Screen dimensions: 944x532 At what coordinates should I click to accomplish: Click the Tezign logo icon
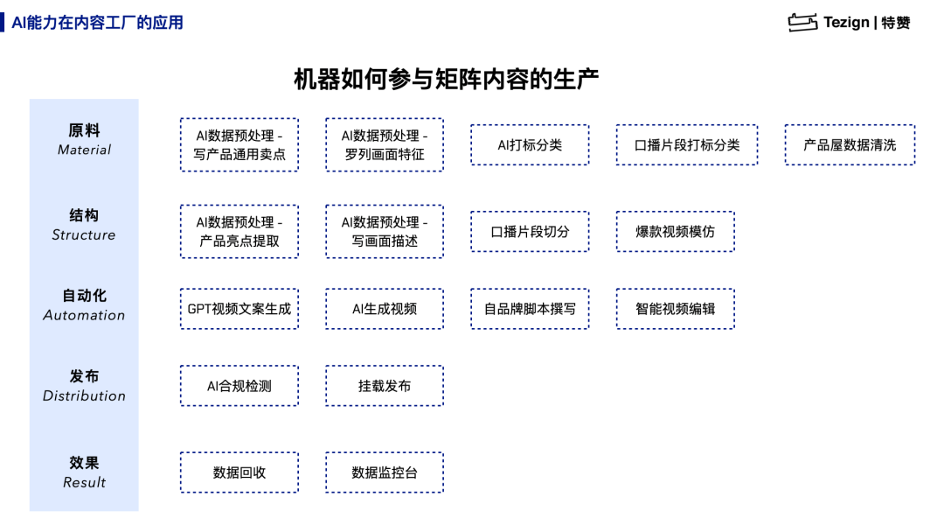point(802,22)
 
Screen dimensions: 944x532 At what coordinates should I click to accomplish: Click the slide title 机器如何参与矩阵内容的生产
point(446,79)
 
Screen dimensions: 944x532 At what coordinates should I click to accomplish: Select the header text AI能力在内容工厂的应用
point(98,23)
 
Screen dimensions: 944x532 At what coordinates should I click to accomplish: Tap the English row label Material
point(84,150)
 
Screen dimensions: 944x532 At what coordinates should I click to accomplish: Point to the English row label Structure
point(84,235)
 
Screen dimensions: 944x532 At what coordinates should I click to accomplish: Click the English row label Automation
point(84,315)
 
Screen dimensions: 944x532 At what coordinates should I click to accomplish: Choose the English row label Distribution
point(84,395)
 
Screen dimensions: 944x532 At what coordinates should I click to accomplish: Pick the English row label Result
point(84,483)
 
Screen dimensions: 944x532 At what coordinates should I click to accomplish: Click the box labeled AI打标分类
point(530,144)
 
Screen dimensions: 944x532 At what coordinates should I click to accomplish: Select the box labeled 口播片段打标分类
point(687,144)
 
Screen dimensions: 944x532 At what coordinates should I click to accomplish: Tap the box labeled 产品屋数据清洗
point(850,144)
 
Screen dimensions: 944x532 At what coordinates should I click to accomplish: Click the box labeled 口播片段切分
point(530,231)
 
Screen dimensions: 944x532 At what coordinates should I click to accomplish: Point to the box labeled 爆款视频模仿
point(676,231)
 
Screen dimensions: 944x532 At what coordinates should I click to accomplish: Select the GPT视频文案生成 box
point(239,309)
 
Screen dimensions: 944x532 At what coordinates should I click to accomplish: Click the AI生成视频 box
point(385,309)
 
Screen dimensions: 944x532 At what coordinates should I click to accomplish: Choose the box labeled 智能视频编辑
point(676,309)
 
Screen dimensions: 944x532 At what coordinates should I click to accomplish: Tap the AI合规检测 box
point(239,386)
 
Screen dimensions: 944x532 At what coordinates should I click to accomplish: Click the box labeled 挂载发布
point(385,386)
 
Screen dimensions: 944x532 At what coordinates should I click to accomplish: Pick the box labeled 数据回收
point(239,472)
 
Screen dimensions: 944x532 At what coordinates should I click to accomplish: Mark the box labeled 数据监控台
point(385,472)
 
